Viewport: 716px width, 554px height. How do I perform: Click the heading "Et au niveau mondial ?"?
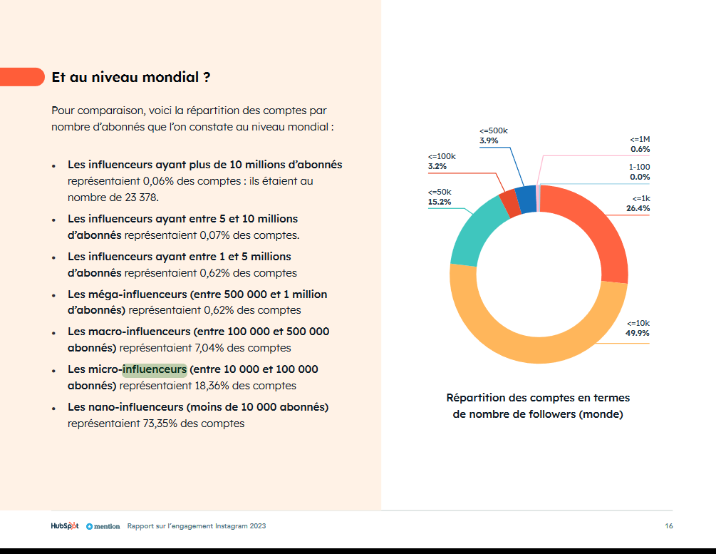coord(131,77)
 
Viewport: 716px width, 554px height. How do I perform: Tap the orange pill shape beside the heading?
coord(22,77)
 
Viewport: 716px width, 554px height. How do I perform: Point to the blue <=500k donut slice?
coord(526,200)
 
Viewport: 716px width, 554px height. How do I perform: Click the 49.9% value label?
coord(638,333)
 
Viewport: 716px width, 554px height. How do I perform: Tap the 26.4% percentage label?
coord(638,208)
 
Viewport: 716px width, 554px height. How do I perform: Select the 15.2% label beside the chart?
coord(440,202)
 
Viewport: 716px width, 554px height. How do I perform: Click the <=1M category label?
coord(640,140)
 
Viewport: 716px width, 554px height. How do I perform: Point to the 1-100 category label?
coord(639,168)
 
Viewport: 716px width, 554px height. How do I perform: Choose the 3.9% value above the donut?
coord(489,140)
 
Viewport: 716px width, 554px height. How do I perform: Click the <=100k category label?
coord(442,156)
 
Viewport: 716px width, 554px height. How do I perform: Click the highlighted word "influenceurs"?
coord(155,369)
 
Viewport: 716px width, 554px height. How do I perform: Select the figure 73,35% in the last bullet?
coord(160,424)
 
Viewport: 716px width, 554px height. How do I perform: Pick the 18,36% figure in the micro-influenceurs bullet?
coord(212,386)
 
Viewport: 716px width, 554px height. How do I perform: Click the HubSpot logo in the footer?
coord(65,526)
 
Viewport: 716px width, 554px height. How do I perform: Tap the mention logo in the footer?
coord(103,527)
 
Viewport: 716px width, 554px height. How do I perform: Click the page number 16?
coord(669,526)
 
